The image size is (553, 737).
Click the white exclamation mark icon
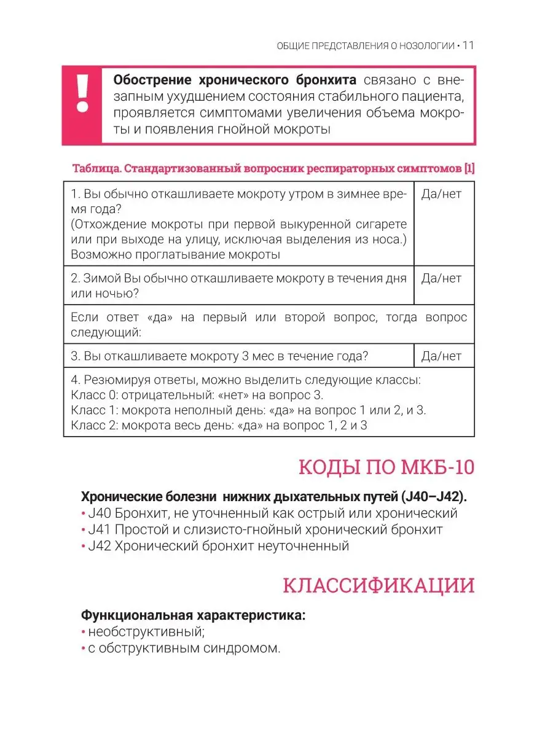(82, 93)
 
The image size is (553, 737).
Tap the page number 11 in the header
(468, 45)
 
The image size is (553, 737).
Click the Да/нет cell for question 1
(442, 195)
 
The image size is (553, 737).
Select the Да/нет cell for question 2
(442, 279)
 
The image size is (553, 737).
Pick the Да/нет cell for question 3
(442, 356)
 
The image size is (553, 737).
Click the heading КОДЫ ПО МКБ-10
(386, 468)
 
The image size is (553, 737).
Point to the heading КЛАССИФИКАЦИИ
(378, 585)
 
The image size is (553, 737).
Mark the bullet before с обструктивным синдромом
(83, 648)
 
